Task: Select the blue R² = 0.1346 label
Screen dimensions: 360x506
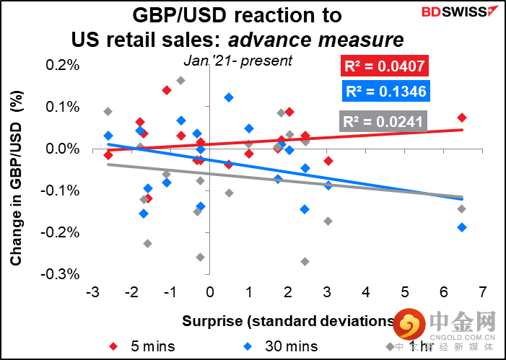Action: [384, 92]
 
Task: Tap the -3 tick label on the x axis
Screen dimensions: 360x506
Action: [92, 293]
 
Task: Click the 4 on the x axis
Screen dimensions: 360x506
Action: [366, 293]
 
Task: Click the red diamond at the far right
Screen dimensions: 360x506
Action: [462, 118]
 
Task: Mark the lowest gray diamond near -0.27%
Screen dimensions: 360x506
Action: [305, 261]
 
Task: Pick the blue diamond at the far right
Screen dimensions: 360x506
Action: [462, 227]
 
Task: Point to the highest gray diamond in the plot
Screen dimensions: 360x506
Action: [180, 81]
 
